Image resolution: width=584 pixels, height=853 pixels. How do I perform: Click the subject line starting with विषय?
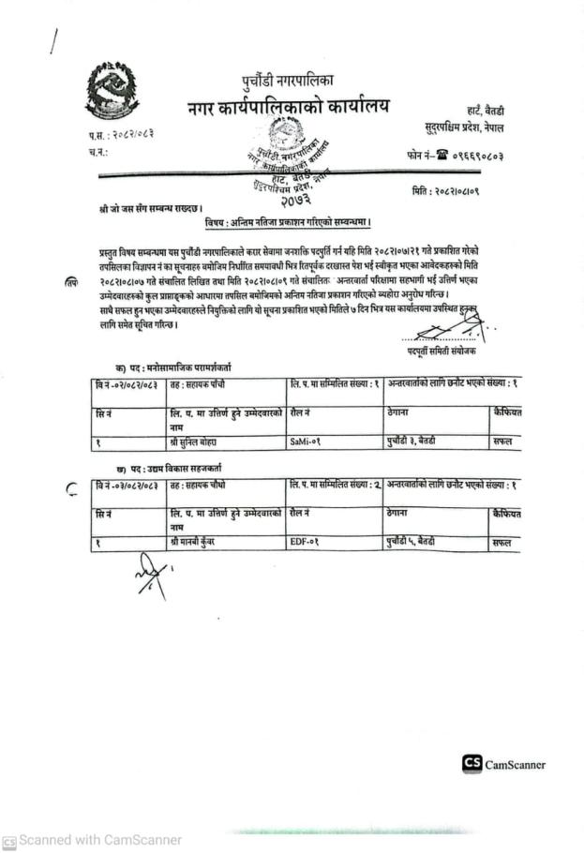(x=291, y=222)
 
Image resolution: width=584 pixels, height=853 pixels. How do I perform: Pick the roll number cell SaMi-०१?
(x=308, y=439)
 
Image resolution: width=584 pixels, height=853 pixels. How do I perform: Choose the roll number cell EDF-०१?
(x=308, y=542)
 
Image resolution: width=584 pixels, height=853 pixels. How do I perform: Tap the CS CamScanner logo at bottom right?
(x=503, y=764)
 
